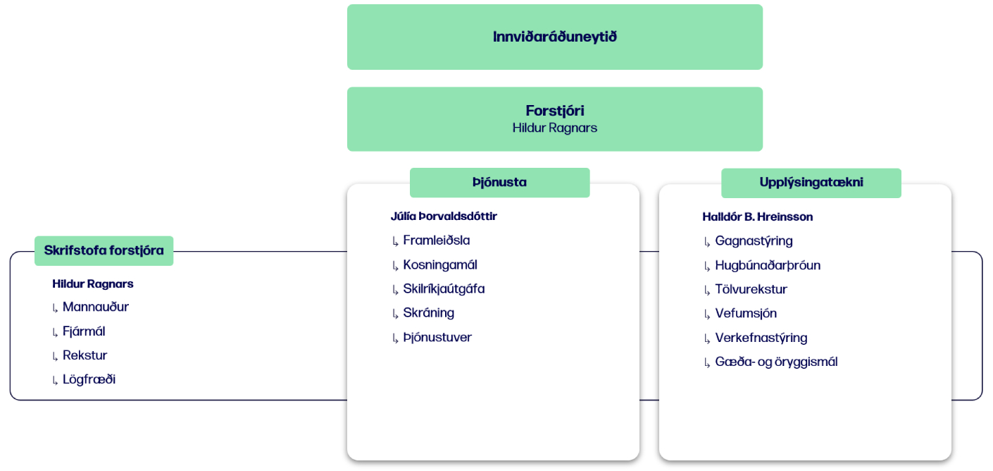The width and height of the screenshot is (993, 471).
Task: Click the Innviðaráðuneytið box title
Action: click(x=554, y=37)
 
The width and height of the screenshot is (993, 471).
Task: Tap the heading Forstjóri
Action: click(x=554, y=110)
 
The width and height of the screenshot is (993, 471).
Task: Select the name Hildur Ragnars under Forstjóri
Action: click(x=554, y=128)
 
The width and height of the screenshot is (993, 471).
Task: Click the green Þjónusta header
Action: click(x=499, y=183)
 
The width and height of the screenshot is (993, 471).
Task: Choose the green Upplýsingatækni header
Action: click(x=811, y=183)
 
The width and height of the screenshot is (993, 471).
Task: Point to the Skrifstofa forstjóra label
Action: click(x=104, y=251)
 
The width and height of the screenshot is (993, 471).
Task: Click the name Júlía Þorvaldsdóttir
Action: click(x=444, y=216)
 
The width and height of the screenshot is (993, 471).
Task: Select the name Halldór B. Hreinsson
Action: click(x=758, y=216)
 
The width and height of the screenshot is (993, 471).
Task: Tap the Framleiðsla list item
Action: click(x=436, y=240)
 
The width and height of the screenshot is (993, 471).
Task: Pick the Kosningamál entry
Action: click(x=439, y=265)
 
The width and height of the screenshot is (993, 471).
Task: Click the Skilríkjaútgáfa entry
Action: click(x=444, y=289)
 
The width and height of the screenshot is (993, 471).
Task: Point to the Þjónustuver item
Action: click(x=437, y=337)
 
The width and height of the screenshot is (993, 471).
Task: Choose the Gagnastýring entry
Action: click(x=754, y=241)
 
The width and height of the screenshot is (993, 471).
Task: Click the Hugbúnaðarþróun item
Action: click(x=768, y=265)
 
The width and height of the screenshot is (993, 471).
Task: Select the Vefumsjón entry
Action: click(x=746, y=313)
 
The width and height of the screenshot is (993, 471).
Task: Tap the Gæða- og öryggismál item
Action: click(x=776, y=362)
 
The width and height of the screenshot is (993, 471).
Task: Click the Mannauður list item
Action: click(x=95, y=307)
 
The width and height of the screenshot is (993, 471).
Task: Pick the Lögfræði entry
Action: click(x=89, y=379)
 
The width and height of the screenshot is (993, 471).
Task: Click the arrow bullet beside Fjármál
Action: click(x=55, y=333)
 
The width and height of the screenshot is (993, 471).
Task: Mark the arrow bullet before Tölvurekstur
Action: click(x=707, y=290)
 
